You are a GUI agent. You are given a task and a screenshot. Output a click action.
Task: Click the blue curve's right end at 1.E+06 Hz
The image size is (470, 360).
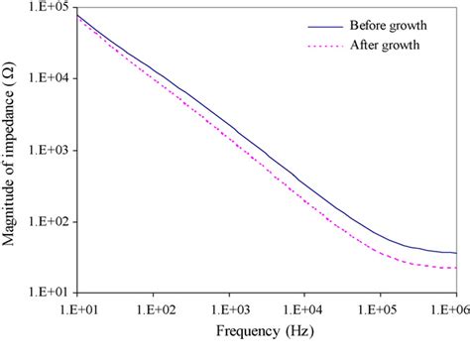pos(455,253)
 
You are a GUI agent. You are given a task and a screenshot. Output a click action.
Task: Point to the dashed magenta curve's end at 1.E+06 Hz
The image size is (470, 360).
pos(455,268)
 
